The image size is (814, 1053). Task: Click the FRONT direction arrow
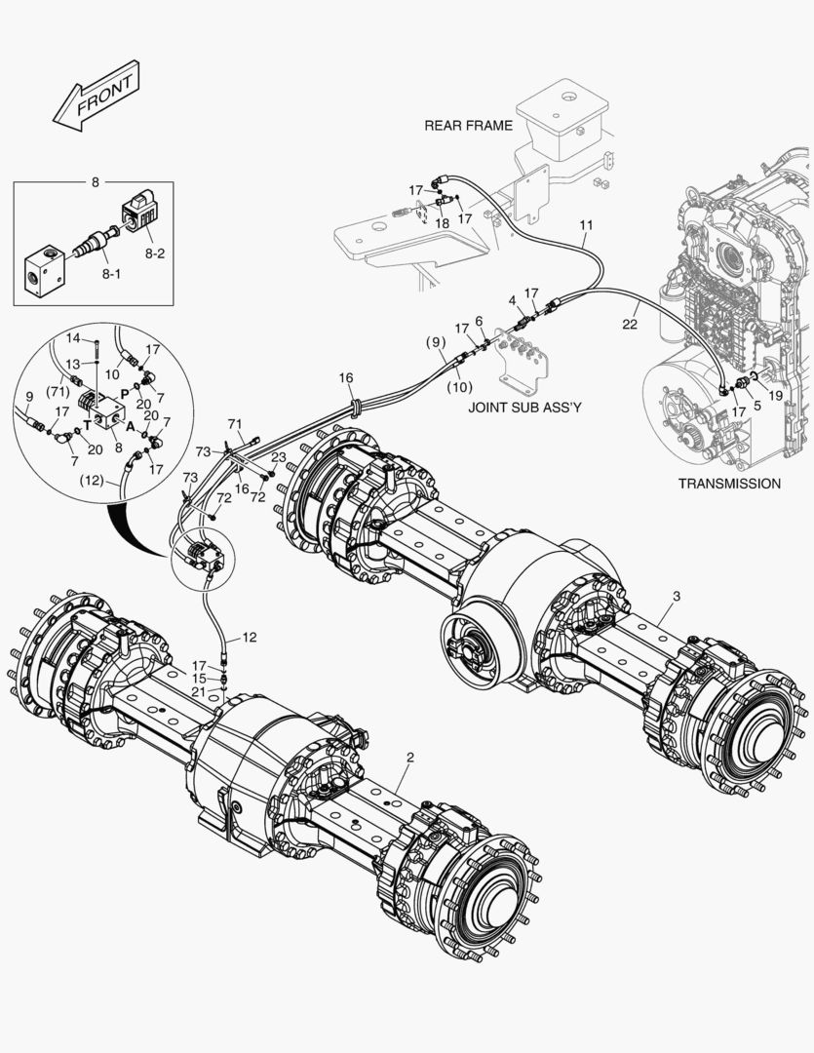point(97,97)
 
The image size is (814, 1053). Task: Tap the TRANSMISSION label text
point(729,484)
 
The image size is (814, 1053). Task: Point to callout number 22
point(630,324)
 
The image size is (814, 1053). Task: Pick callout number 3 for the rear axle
point(677,593)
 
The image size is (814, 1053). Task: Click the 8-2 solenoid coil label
point(155,252)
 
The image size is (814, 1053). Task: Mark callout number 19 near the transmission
point(775,396)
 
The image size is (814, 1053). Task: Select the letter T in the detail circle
point(87,425)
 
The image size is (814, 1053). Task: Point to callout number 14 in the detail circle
point(73,337)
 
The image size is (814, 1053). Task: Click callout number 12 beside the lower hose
point(250,637)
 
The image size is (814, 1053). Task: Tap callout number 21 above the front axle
point(200,690)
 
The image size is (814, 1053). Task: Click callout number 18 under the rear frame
point(442,223)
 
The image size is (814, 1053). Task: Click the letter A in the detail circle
point(130,425)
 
